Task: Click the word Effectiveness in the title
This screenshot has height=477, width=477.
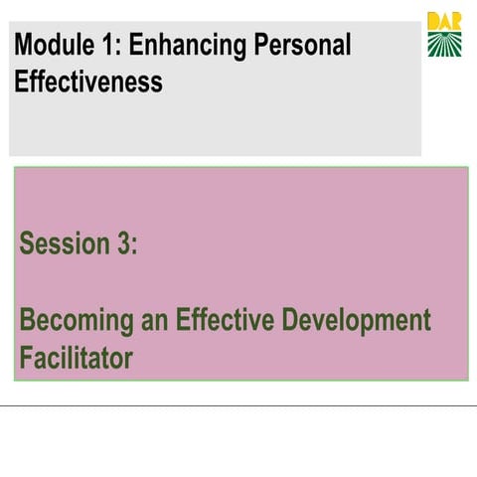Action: pos(88,81)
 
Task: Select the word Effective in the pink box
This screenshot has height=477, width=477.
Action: pos(225,320)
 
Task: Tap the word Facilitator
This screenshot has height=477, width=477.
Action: pos(76,357)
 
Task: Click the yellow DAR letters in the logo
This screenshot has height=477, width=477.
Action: pos(444,21)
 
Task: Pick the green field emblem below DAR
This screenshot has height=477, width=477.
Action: pos(444,44)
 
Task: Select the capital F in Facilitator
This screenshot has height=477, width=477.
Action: pos(26,357)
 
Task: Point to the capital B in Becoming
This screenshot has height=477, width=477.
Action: pos(27,320)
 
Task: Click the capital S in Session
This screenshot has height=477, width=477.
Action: pos(27,243)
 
